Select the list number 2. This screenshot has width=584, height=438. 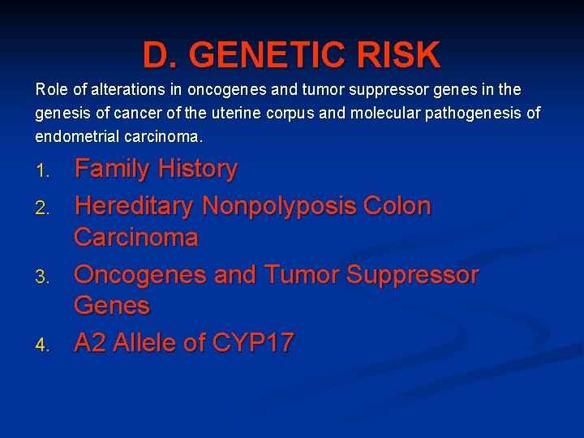[44, 208]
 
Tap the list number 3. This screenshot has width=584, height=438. [44, 277]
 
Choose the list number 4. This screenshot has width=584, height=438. [44, 345]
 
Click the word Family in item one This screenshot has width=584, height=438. [112, 169]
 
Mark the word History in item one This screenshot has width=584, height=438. [197, 169]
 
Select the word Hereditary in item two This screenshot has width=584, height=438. [134, 206]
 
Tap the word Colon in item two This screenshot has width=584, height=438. [398, 206]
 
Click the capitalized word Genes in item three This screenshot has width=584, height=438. [112, 306]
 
